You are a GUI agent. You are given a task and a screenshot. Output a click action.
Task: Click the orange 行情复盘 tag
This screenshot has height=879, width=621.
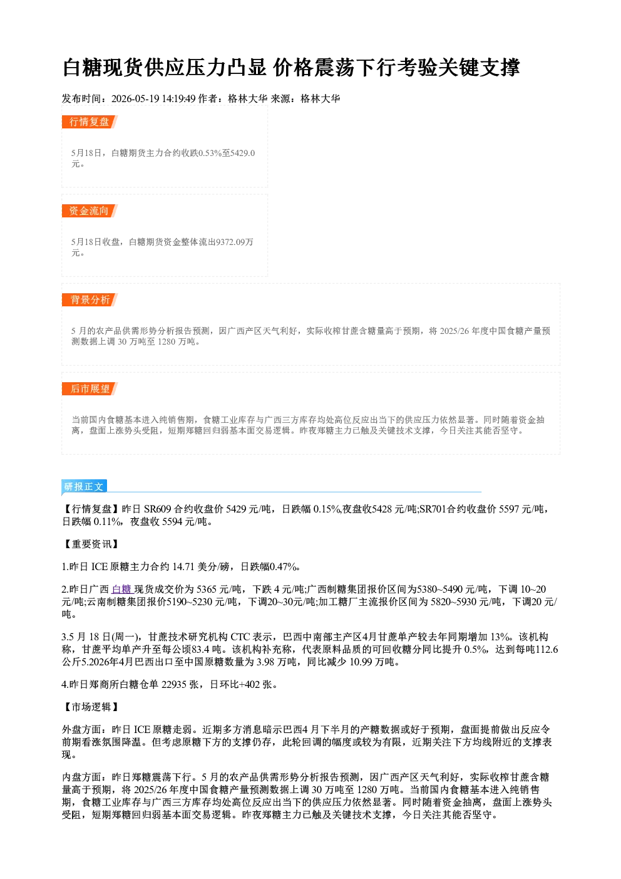90,122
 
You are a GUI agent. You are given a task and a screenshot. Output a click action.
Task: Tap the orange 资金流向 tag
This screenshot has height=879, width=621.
90,211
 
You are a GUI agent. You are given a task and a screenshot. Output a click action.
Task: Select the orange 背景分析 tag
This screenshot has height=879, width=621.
90,300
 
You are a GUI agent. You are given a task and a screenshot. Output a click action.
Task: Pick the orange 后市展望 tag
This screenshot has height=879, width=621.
90,389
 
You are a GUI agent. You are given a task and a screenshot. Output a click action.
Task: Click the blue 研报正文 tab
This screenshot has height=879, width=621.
84,486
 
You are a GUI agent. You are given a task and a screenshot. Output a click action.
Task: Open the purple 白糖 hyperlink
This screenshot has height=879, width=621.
122,589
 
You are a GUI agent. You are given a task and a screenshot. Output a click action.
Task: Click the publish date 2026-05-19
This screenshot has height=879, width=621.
135,98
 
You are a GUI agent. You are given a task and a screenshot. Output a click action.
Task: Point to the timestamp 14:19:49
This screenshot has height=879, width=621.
178,98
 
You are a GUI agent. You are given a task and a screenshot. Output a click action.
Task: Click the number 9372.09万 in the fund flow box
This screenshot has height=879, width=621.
235,242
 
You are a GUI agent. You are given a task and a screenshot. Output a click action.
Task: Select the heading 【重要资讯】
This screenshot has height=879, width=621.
91,544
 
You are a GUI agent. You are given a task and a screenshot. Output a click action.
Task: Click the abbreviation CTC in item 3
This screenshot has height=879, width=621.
240,637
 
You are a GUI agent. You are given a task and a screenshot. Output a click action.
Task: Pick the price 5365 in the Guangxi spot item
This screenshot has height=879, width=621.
206,589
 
